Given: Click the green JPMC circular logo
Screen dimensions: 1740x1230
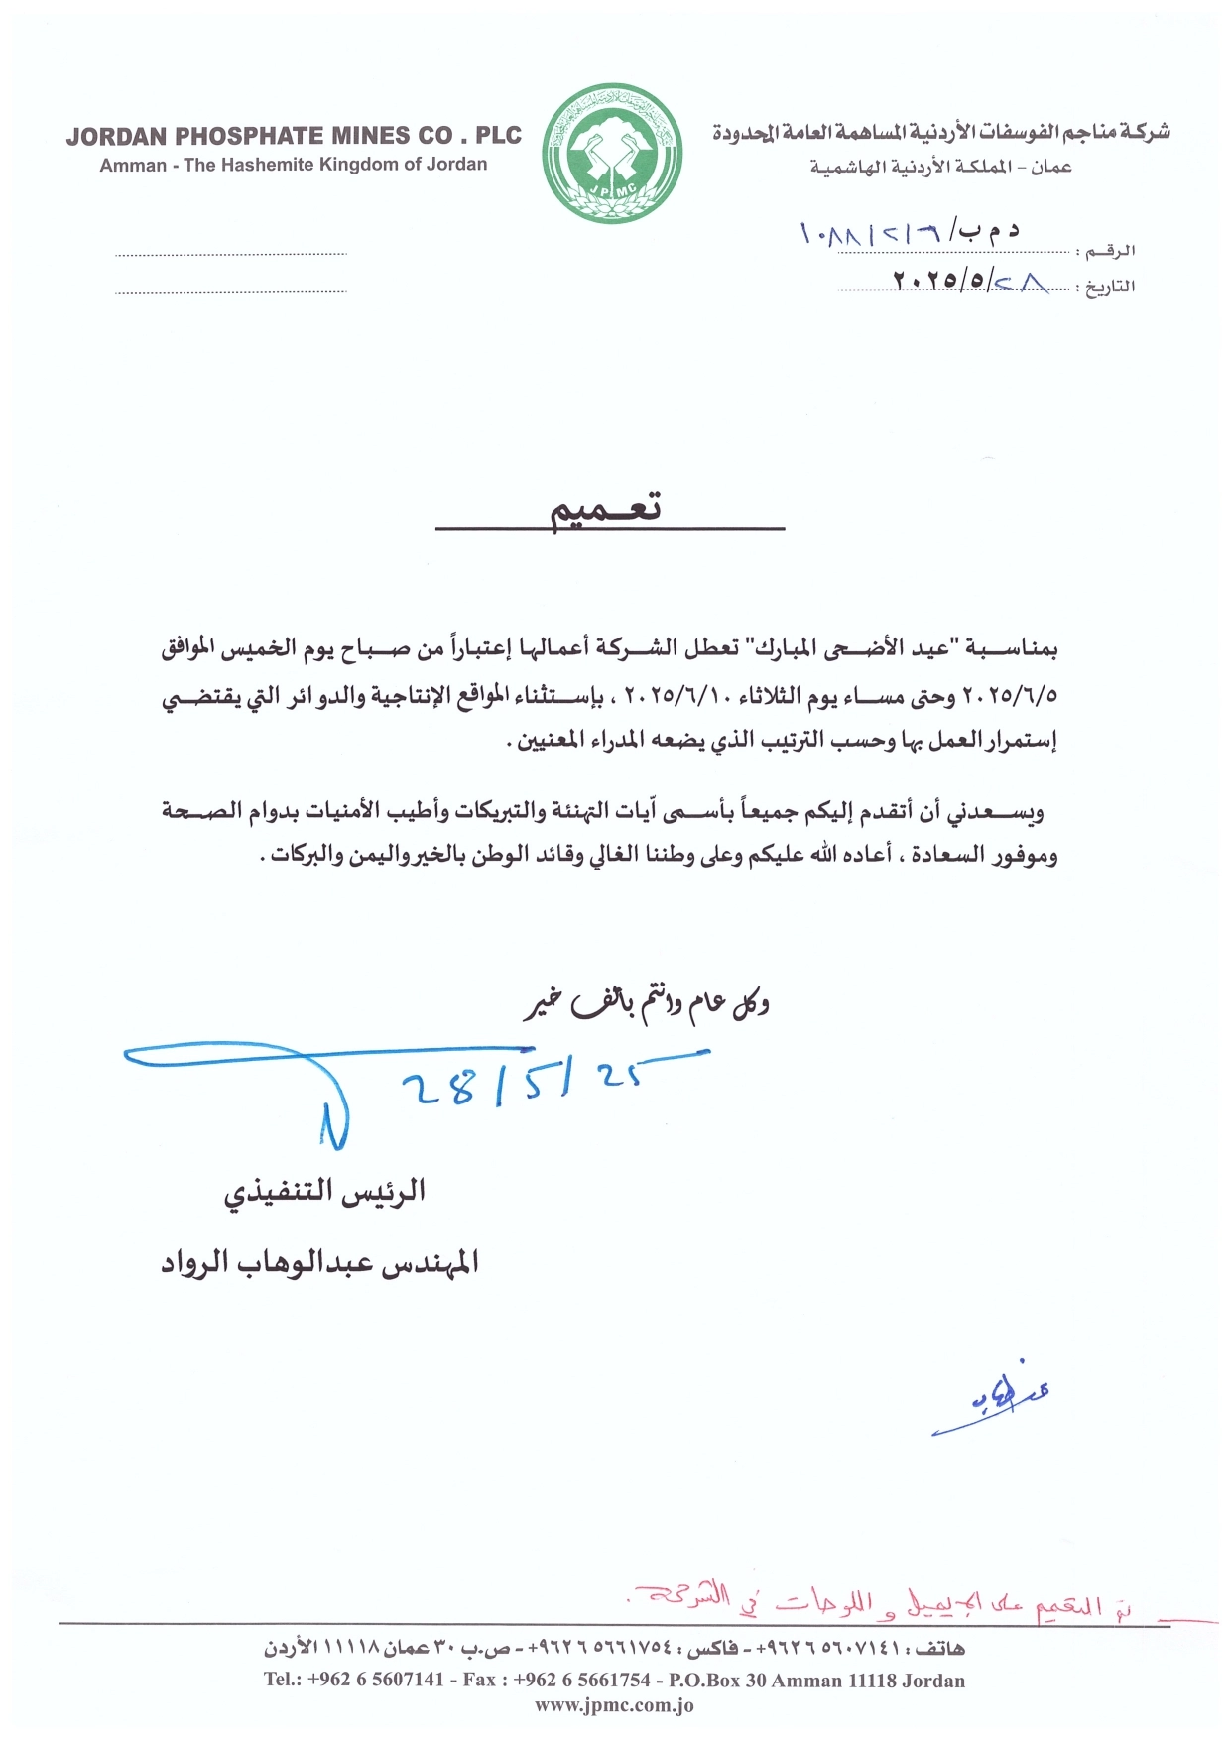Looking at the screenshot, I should (x=613, y=153).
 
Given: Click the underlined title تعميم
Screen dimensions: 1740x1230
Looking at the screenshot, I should (x=606, y=510).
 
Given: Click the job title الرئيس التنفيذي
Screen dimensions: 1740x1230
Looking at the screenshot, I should (x=324, y=1192).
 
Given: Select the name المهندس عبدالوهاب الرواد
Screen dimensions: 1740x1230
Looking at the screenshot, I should (x=319, y=1262).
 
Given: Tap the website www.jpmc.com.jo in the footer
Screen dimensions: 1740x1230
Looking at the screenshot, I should (x=614, y=1706).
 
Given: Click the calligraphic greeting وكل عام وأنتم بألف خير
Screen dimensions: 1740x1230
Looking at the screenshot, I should (x=647, y=1004).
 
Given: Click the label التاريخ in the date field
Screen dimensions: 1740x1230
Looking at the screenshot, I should (x=1109, y=288).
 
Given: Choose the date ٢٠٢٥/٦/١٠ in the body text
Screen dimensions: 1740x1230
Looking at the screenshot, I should (x=676, y=697).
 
